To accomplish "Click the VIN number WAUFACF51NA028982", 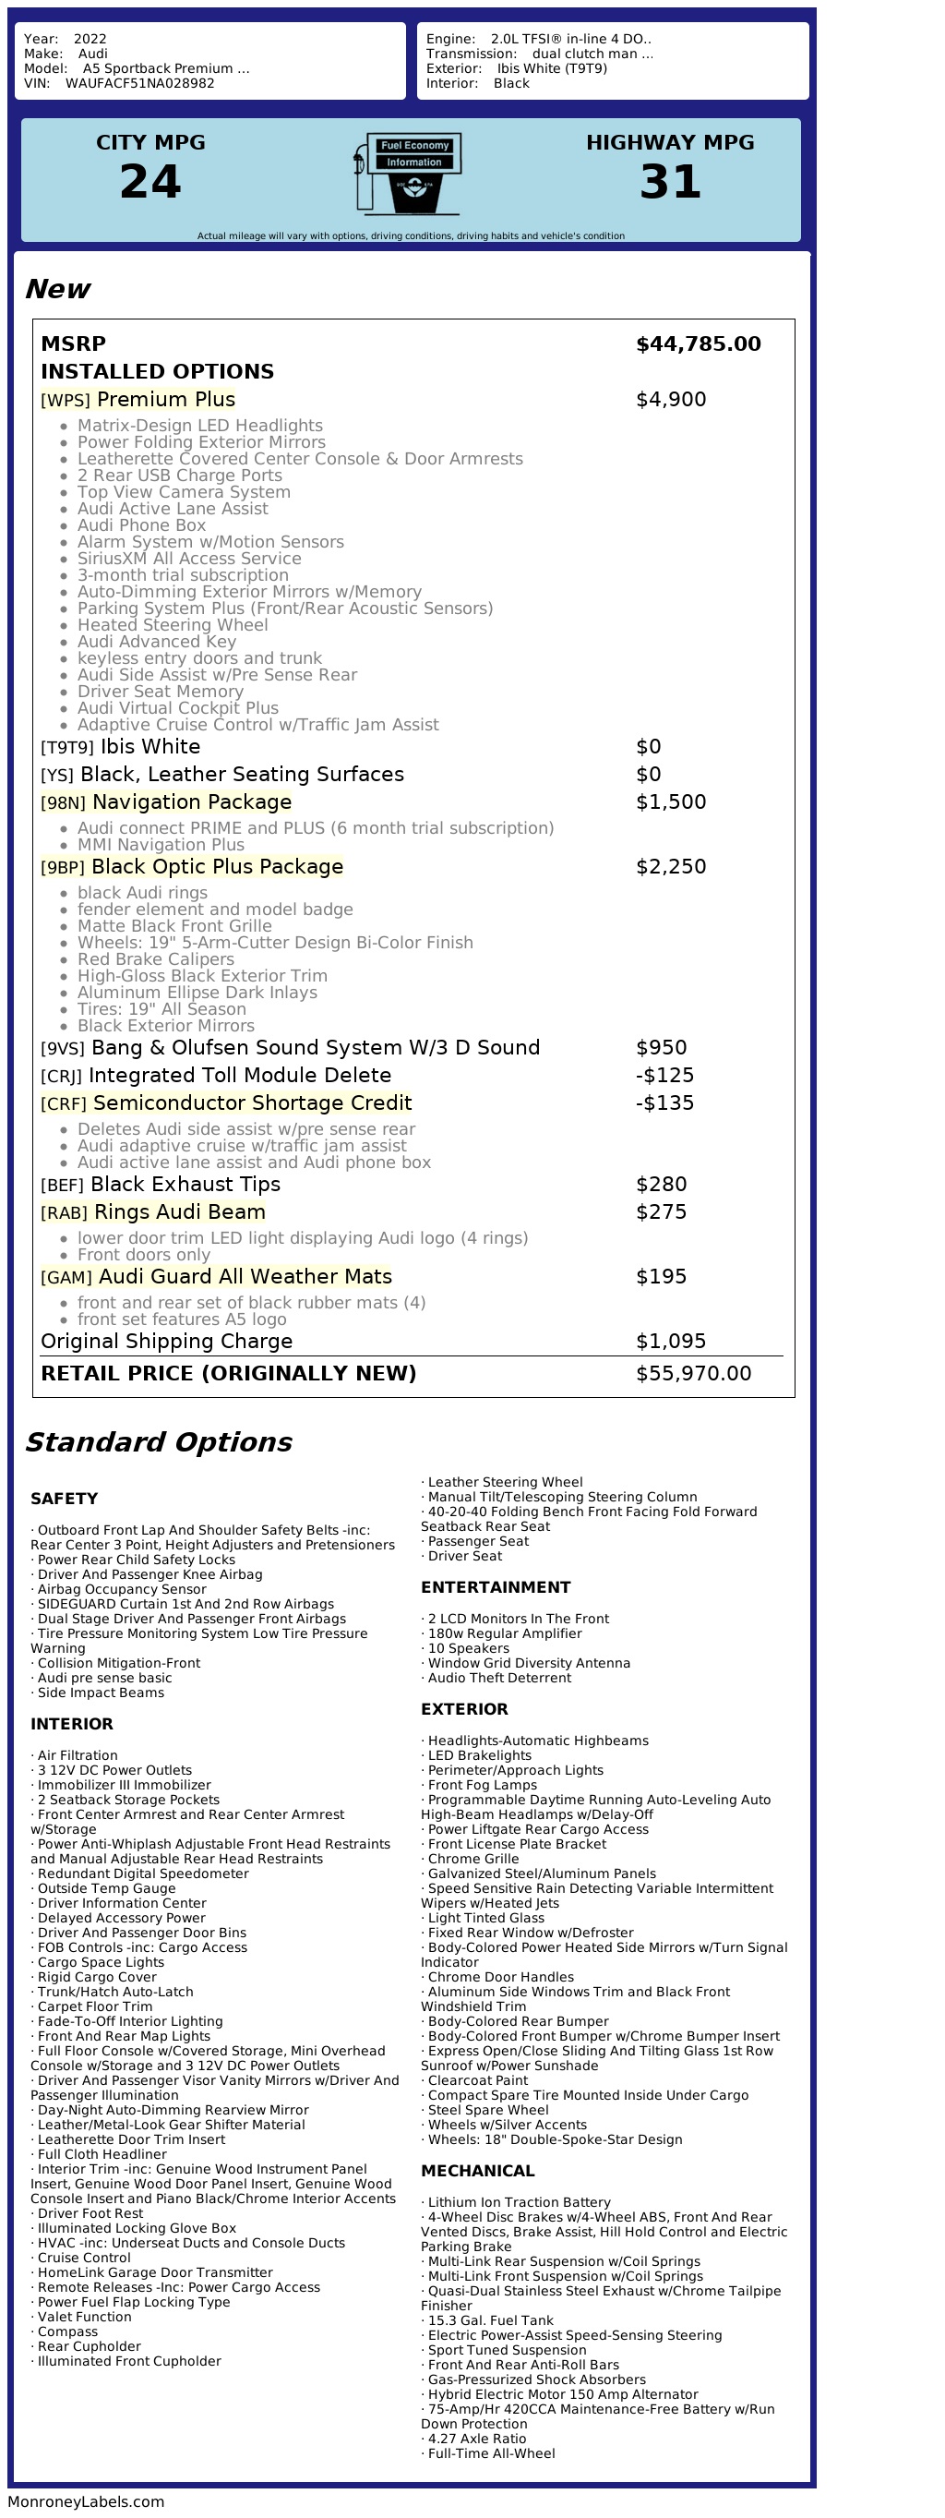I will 139,83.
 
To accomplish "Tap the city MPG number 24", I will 150,182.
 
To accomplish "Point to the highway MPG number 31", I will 670,182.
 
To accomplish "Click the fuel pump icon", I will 409,174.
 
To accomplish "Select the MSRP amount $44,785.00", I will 698,344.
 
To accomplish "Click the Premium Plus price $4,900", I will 670,400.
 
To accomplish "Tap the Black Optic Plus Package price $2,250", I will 670,867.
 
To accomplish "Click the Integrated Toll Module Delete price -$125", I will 664,1075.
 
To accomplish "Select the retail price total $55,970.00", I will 693,1373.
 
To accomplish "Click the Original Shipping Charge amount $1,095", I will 670,1341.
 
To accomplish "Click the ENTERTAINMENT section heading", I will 496,1587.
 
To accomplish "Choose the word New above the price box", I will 57,289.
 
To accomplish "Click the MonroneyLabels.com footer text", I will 86,2501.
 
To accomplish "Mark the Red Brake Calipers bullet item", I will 155,959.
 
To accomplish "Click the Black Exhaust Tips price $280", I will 661,1185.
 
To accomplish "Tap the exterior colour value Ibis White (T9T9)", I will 551,68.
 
